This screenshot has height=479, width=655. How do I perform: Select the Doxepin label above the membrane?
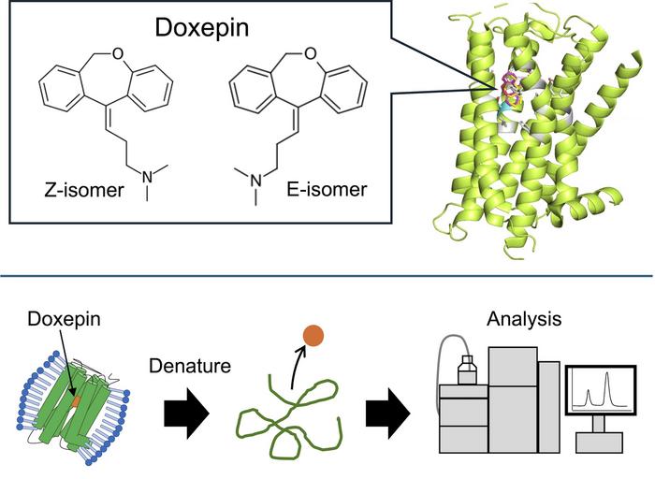point(57,320)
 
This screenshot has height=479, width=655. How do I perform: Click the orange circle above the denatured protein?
point(313,335)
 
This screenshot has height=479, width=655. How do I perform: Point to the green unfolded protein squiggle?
point(285,412)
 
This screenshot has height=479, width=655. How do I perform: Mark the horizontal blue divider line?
point(327,275)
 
